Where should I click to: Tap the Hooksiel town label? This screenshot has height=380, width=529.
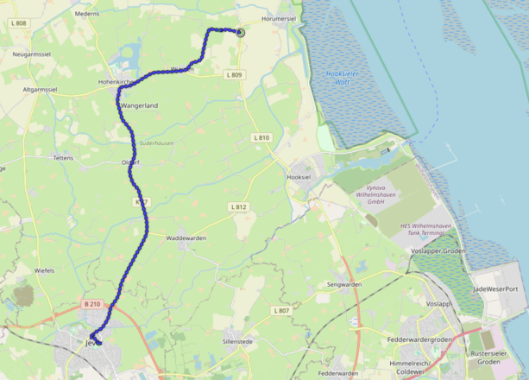click(x=298, y=176)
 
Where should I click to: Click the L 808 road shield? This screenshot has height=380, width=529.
click(x=19, y=23)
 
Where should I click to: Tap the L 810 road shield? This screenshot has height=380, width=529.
click(x=261, y=137)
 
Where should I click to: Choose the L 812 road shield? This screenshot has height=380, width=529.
click(x=239, y=207)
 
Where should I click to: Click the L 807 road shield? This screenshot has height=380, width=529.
click(x=280, y=310)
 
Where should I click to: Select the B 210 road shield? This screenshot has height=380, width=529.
click(x=93, y=304)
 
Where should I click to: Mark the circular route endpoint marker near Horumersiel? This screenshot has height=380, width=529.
click(x=240, y=33)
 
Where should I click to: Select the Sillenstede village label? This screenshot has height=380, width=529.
click(x=238, y=342)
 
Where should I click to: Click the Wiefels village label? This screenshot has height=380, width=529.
click(x=44, y=270)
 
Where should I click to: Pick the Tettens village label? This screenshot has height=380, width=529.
click(x=63, y=159)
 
